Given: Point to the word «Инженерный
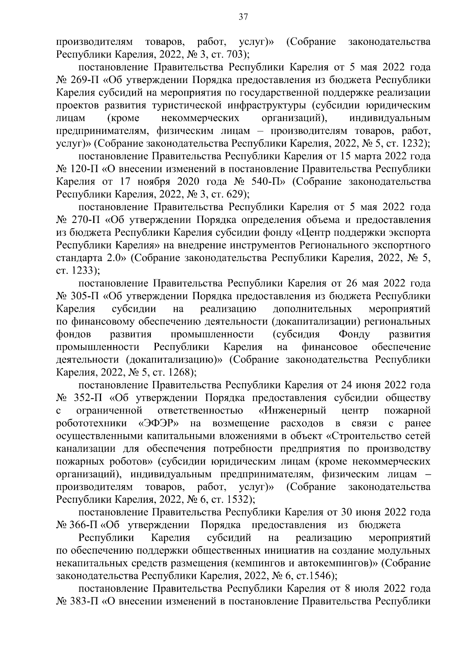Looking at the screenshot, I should (x=293, y=411).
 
